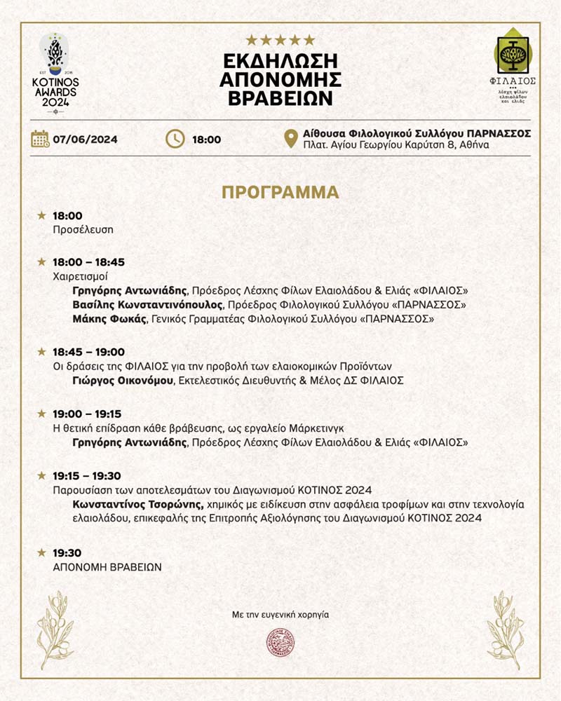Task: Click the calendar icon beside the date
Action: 40,139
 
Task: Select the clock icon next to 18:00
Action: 175,139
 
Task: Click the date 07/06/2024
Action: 86,139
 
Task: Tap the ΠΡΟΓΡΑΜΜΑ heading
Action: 280,193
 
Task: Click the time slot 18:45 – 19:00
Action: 88,352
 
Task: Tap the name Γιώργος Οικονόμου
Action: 123,380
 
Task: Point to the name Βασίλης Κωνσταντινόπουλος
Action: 147,305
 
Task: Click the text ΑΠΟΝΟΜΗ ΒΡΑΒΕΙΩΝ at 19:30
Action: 107,566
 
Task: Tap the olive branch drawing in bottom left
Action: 55,628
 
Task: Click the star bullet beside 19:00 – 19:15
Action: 41,414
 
